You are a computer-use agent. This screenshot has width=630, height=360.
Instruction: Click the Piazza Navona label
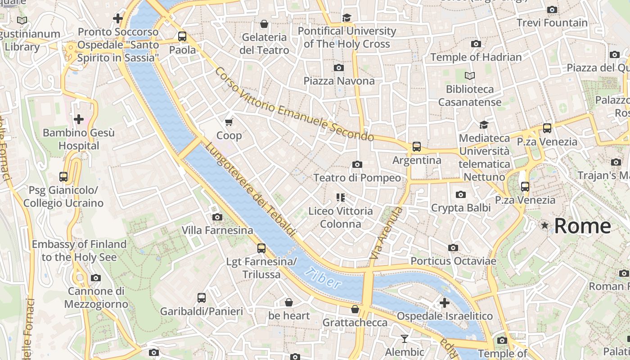(x=339, y=81)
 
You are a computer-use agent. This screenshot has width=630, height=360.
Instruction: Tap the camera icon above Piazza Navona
(x=339, y=67)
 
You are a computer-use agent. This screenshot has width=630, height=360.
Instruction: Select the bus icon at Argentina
(x=417, y=147)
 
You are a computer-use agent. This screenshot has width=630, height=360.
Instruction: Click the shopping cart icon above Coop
(x=229, y=122)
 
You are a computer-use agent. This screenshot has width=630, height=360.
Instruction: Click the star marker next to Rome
(x=545, y=225)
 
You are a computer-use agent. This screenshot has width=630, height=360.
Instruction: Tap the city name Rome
(x=582, y=226)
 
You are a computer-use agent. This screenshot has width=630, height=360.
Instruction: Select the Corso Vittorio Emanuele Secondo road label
(x=294, y=104)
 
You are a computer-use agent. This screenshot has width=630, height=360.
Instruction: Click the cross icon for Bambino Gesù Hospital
(x=79, y=119)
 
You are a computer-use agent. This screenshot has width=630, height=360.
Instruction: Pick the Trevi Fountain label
(x=552, y=22)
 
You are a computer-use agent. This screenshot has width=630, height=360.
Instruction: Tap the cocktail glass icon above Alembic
(x=404, y=338)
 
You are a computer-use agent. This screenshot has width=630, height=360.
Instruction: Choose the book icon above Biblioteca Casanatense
(x=470, y=76)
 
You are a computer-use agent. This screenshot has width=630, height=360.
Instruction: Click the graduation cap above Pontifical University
(x=346, y=18)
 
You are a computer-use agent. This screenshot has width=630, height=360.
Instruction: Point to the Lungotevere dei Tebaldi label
(x=251, y=190)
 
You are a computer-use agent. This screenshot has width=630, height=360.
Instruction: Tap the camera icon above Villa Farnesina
(x=217, y=217)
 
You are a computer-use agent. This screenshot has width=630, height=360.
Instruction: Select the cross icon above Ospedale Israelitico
(x=445, y=303)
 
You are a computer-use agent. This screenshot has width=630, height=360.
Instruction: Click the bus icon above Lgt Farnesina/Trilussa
(x=261, y=248)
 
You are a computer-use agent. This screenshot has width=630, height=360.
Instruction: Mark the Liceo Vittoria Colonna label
(x=340, y=217)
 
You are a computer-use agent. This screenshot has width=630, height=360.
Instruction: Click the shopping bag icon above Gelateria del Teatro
(x=264, y=24)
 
